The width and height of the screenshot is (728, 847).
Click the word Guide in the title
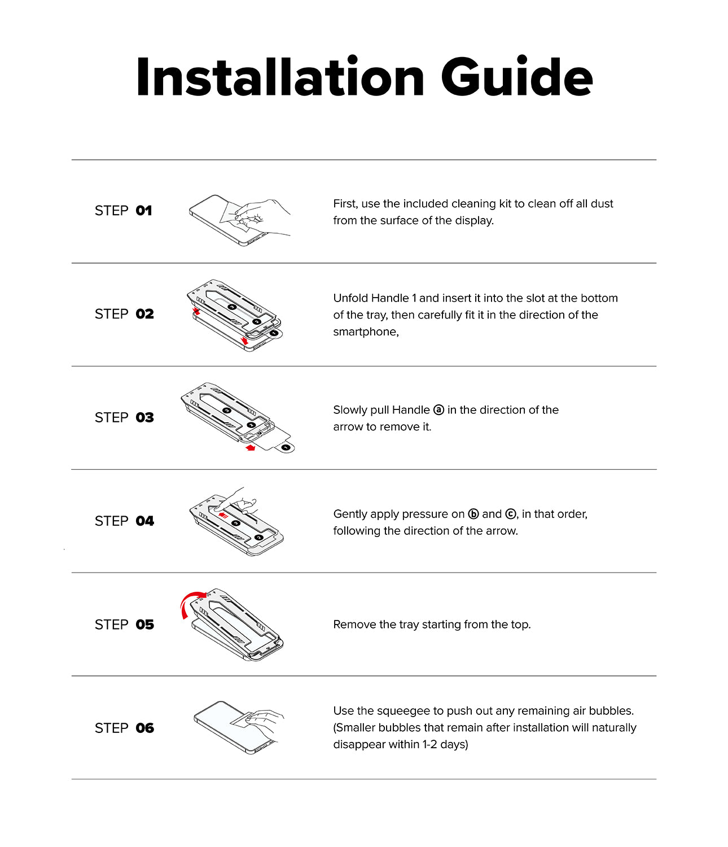tap(516, 76)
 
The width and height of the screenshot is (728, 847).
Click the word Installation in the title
tap(280, 76)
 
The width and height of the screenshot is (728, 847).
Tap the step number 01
tap(144, 211)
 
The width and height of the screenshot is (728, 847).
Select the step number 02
tap(144, 314)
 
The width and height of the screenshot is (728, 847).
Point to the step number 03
tap(144, 417)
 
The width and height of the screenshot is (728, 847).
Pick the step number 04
tap(144, 521)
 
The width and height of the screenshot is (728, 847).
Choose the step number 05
tap(144, 625)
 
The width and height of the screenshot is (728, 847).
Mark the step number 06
tap(144, 728)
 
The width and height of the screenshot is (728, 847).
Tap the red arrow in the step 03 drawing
tap(250, 447)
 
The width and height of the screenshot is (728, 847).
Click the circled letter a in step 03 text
tap(438, 410)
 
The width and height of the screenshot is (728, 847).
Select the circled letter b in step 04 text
tap(473, 514)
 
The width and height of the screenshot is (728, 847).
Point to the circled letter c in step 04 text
tap(511, 514)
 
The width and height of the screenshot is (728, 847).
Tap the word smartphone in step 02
tap(366, 331)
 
